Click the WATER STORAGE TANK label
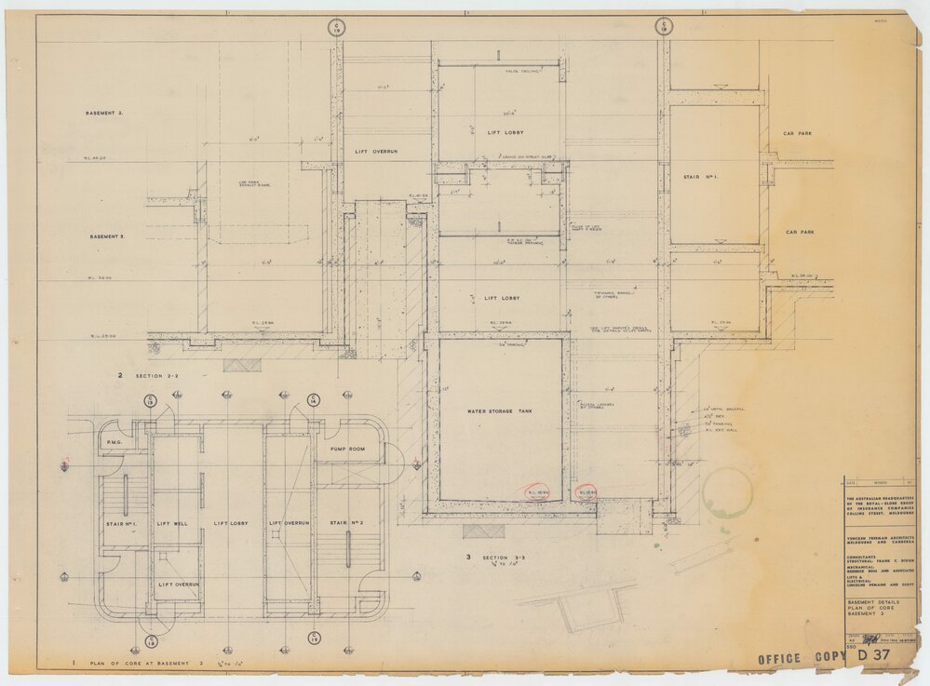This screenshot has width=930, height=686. point(500,410)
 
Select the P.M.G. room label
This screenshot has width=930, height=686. point(115,442)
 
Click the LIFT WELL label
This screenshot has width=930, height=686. point(172,524)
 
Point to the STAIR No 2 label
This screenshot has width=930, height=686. point(346,524)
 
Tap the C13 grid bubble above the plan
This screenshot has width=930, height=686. point(149,400)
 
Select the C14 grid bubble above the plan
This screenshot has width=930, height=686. point(314,400)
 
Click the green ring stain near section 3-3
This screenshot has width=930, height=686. point(727,492)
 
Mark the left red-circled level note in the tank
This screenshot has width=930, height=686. point(537,492)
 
